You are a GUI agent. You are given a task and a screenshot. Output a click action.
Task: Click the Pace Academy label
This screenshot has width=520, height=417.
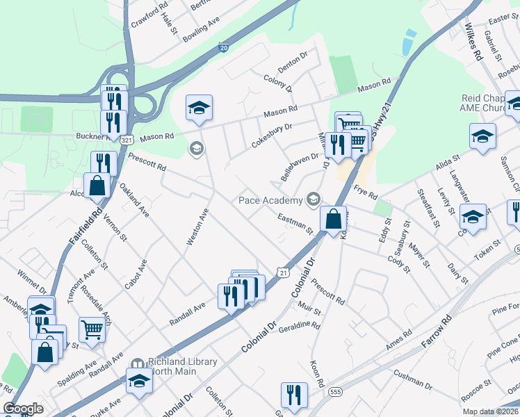pyautogui.click(x=270, y=200)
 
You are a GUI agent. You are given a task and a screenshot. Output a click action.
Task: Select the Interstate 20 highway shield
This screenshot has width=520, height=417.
pyautogui.click(x=223, y=48)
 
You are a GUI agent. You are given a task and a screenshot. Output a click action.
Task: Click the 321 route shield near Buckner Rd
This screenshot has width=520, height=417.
pyautogui.click(x=126, y=140)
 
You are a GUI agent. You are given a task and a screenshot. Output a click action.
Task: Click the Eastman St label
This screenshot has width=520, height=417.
pyautogui.click(x=294, y=224)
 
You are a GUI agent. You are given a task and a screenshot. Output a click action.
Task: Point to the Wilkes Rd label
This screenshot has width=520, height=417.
pyautogui.click(x=473, y=44)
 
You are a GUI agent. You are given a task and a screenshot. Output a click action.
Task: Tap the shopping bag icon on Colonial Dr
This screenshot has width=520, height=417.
pyautogui.click(x=334, y=219)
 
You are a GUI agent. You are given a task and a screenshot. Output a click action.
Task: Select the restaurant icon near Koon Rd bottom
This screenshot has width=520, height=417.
pyautogui.click(x=294, y=395)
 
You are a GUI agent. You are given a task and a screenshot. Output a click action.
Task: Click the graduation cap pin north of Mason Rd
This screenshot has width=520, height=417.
pyautogui.click(x=199, y=108)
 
